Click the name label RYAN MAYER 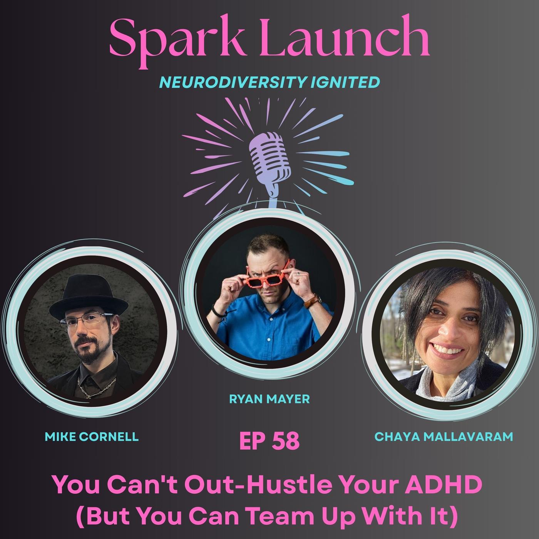click(x=269, y=399)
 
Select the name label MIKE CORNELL click(x=92, y=437)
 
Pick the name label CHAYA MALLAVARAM click(x=444, y=437)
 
